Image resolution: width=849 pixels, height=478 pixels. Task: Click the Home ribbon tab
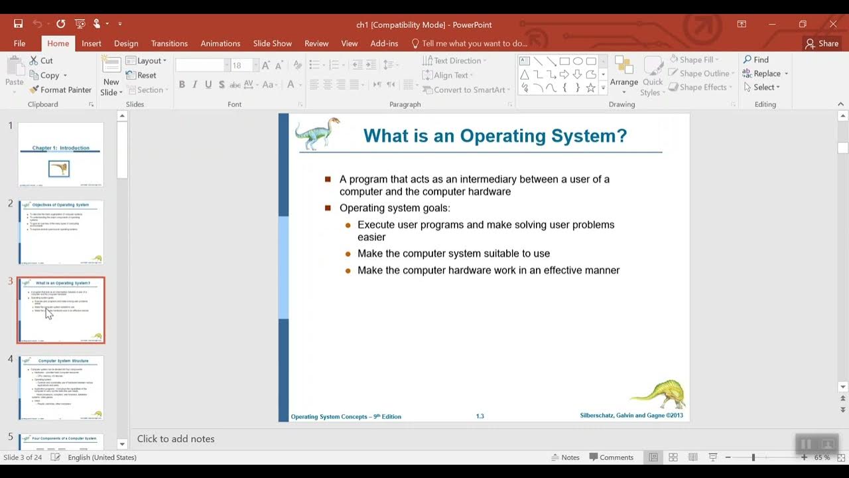[58, 43]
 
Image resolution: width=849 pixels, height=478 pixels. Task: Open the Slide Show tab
[272, 43]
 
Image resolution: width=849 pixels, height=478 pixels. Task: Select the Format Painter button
[60, 90]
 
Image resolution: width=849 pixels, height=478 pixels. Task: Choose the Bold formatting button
[182, 85]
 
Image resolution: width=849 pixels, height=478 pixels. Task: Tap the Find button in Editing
[756, 60]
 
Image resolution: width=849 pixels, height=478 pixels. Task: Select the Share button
[822, 43]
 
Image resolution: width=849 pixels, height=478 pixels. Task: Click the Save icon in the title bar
[19, 24]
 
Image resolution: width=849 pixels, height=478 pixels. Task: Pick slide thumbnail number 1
[60, 154]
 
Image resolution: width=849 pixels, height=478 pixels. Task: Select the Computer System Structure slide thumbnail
[60, 387]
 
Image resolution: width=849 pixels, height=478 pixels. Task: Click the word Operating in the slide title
[501, 136]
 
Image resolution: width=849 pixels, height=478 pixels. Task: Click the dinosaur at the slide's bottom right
[658, 393]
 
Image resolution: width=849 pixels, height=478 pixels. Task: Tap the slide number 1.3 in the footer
[480, 416]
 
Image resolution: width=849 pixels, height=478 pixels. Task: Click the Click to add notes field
[176, 439]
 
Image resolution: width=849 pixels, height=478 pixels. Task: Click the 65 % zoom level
[822, 457]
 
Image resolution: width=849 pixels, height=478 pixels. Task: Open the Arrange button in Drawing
[623, 73]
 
